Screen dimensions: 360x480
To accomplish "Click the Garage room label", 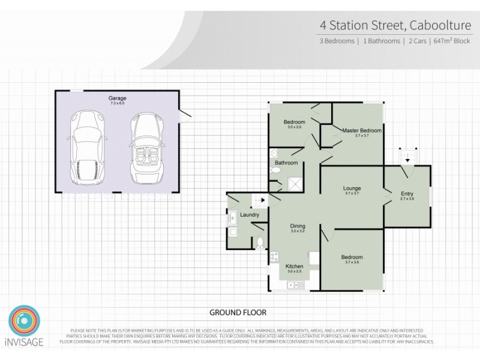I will [x=117, y=98].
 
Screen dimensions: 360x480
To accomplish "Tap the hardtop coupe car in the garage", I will [x=87, y=149].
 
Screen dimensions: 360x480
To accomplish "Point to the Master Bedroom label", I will [x=362, y=130].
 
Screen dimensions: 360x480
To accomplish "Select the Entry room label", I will [x=407, y=193].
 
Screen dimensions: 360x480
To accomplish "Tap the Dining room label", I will [x=298, y=226].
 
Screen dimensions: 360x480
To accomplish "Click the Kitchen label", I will [x=294, y=266].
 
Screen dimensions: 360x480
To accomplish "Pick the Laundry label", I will [x=249, y=215].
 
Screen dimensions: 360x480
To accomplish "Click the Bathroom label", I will [x=286, y=163].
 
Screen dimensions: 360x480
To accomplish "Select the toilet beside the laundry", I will [x=260, y=243].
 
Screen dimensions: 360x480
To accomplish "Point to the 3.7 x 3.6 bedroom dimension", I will [x=353, y=263].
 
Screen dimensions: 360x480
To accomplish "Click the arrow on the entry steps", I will [x=407, y=159].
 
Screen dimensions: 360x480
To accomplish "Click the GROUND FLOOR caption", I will [x=238, y=313].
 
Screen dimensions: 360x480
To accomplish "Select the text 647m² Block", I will [x=451, y=41].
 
